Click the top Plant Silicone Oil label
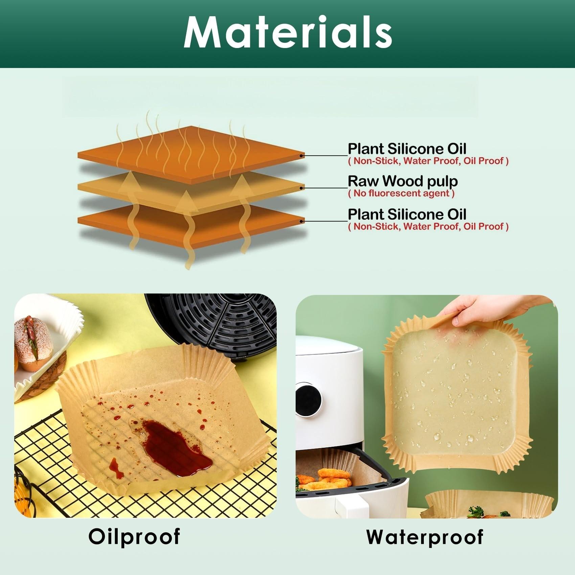point(407,149)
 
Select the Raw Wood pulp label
point(402,181)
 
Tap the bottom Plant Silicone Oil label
point(407,214)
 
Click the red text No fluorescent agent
point(401,193)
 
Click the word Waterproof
point(424,537)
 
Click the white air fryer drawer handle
point(352,507)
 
